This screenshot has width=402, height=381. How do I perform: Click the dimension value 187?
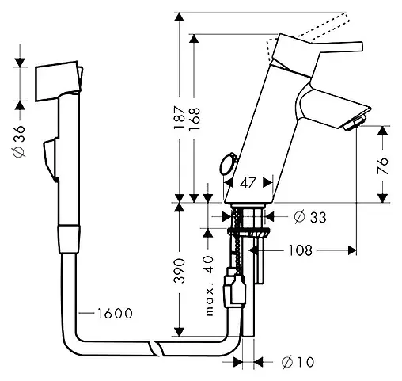(180, 119)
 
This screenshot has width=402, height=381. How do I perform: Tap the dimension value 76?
(382, 166)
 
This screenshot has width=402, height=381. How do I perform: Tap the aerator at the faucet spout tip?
(354, 121)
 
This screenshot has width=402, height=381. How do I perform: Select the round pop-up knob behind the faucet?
(226, 164)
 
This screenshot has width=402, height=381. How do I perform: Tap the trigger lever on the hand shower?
(49, 158)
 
